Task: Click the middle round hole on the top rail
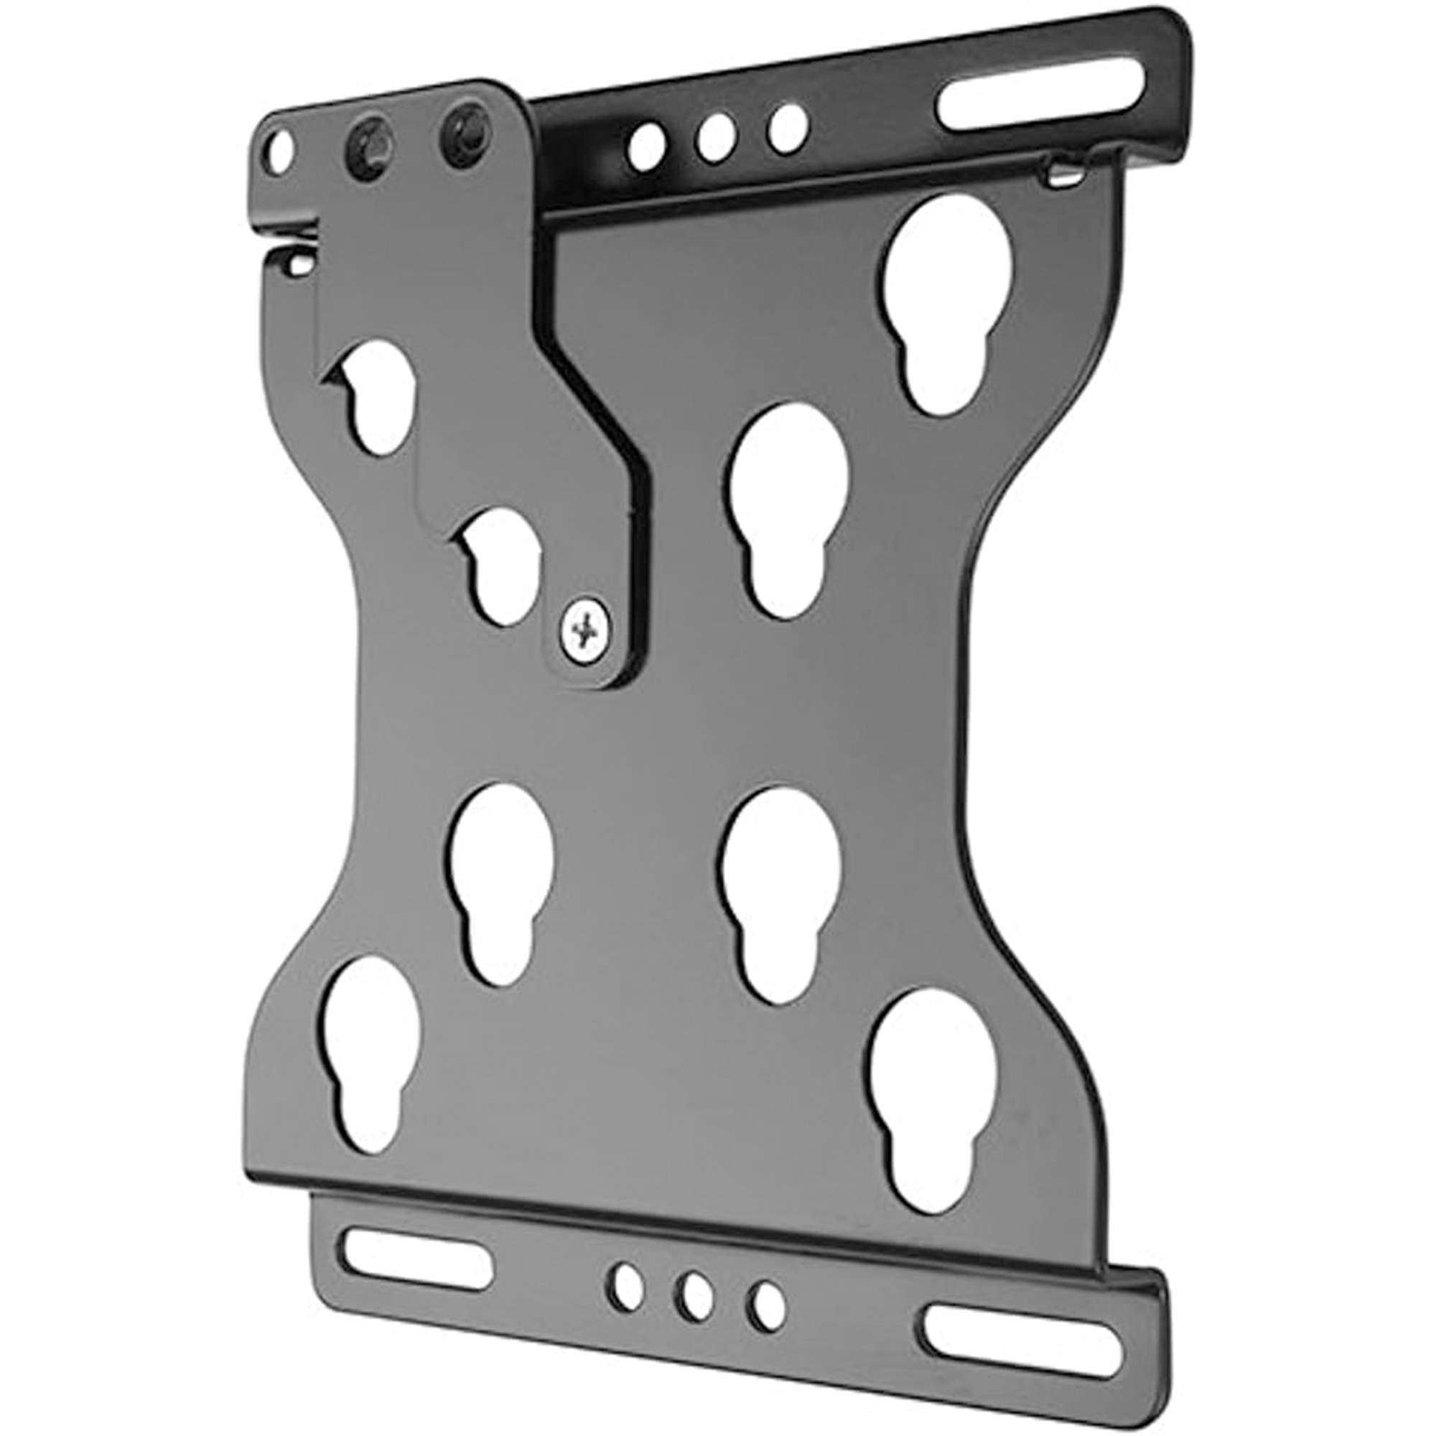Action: [717, 139]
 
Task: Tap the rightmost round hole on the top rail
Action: [787, 129]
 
